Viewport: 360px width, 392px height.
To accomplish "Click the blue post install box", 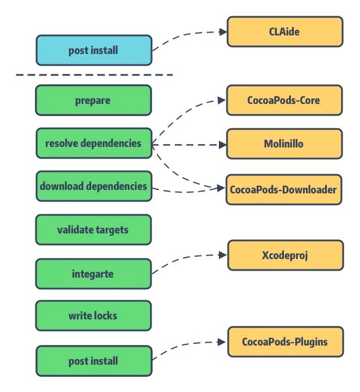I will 93,50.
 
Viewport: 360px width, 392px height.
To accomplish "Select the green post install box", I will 93,361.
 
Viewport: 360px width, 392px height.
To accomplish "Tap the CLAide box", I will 285,31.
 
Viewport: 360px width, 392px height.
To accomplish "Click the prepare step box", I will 93,100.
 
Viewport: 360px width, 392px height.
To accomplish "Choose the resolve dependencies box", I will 93,143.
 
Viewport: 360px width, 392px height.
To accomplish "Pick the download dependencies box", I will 93,186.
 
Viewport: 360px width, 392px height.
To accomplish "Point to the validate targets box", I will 93,229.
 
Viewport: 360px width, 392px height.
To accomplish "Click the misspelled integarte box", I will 93,273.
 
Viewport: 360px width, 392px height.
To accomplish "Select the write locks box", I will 93,315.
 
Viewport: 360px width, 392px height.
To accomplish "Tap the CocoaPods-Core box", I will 284,100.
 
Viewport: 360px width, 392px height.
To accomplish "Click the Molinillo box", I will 284,143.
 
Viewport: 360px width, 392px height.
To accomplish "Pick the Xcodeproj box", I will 285,255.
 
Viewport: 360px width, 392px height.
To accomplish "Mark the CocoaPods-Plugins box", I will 285,341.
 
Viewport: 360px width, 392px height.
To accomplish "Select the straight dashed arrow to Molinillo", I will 189,143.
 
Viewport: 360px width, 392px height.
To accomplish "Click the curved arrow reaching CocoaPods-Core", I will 180,110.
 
